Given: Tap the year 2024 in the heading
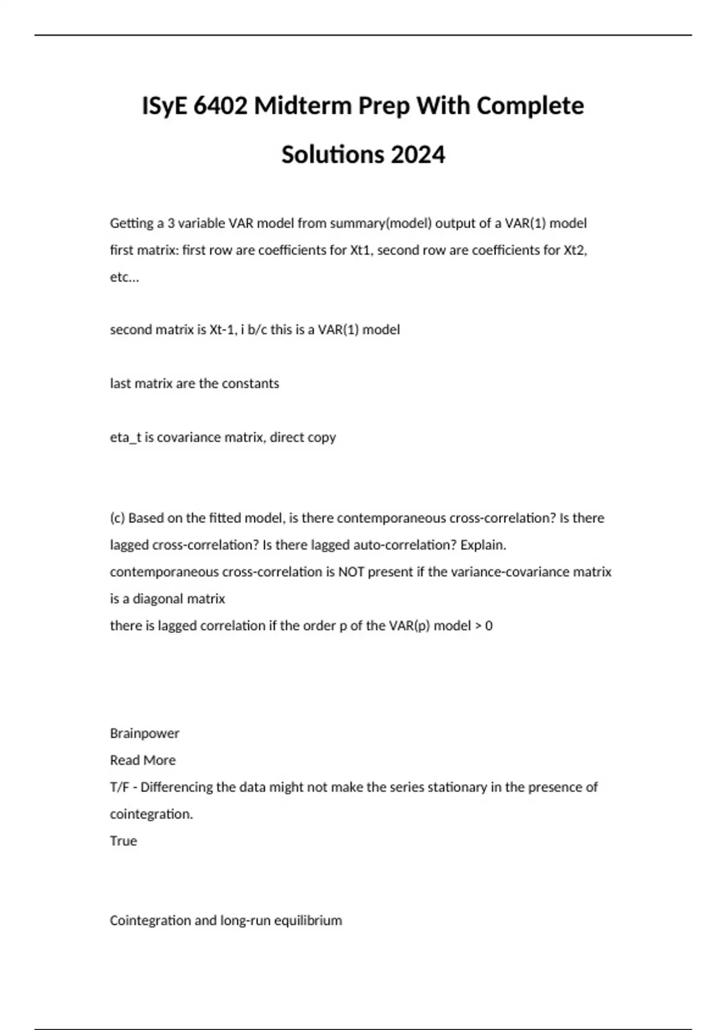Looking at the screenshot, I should coord(418,154).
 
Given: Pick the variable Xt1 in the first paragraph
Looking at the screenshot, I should coord(360,250).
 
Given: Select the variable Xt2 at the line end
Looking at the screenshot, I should coord(575,250).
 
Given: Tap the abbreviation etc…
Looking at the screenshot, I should coord(124,277).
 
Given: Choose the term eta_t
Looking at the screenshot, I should coord(125,437).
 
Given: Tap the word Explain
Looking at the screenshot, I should coord(483,545).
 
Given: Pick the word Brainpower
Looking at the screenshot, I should coord(144,733).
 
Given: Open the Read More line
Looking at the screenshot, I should coord(142,760).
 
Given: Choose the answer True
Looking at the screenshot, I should coord(123,841).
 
